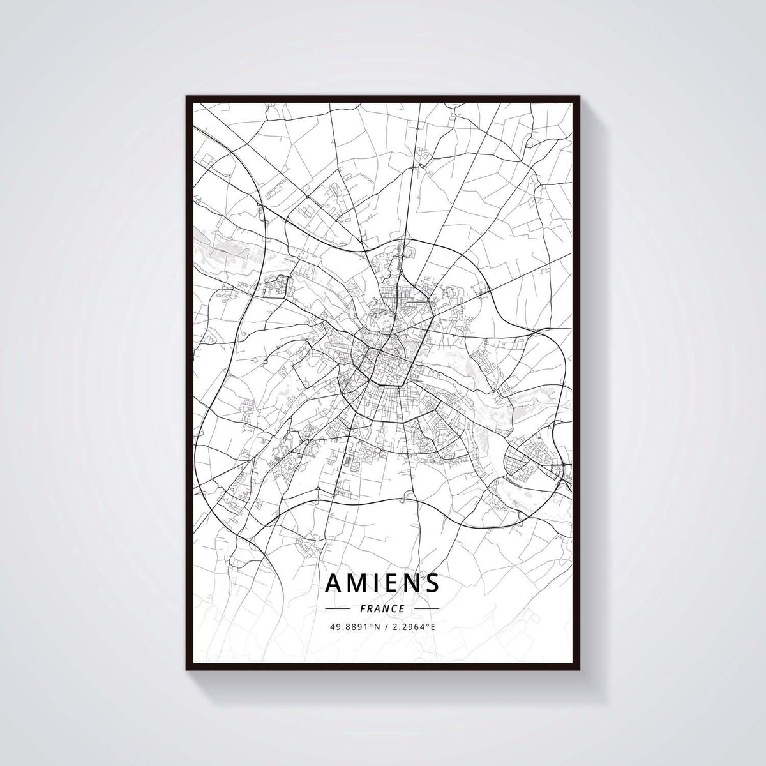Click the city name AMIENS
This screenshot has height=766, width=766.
(382, 583)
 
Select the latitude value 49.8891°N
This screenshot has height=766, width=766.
(355, 627)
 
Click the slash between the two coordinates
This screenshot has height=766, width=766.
(385, 627)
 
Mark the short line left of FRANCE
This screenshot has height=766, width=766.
(338, 608)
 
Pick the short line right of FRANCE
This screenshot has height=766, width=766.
(426, 608)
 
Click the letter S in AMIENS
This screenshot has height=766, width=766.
(432, 583)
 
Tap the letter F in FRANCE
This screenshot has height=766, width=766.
(363, 608)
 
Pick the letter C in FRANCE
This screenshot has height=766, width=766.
(393, 608)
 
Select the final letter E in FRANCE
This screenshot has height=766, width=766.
(402, 608)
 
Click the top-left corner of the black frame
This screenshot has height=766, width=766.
(187, 97)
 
